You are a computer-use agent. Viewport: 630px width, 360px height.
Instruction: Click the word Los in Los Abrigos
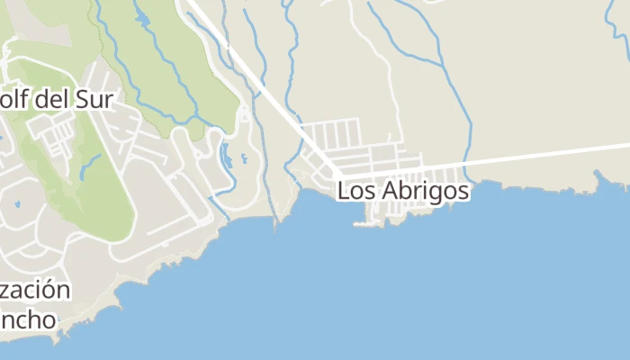(x=356, y=192)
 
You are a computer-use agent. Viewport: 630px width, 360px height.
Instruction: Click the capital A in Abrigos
(x=391, y=192)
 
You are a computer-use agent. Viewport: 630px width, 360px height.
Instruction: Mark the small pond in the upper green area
(x=142, y=18)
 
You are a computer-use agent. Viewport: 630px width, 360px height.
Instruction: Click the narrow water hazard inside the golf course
(x=90, y=166)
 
